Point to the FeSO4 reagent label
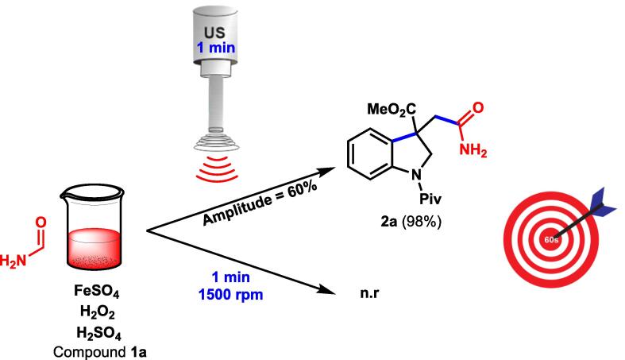click(94, 289)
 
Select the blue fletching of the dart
click(601, 198)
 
